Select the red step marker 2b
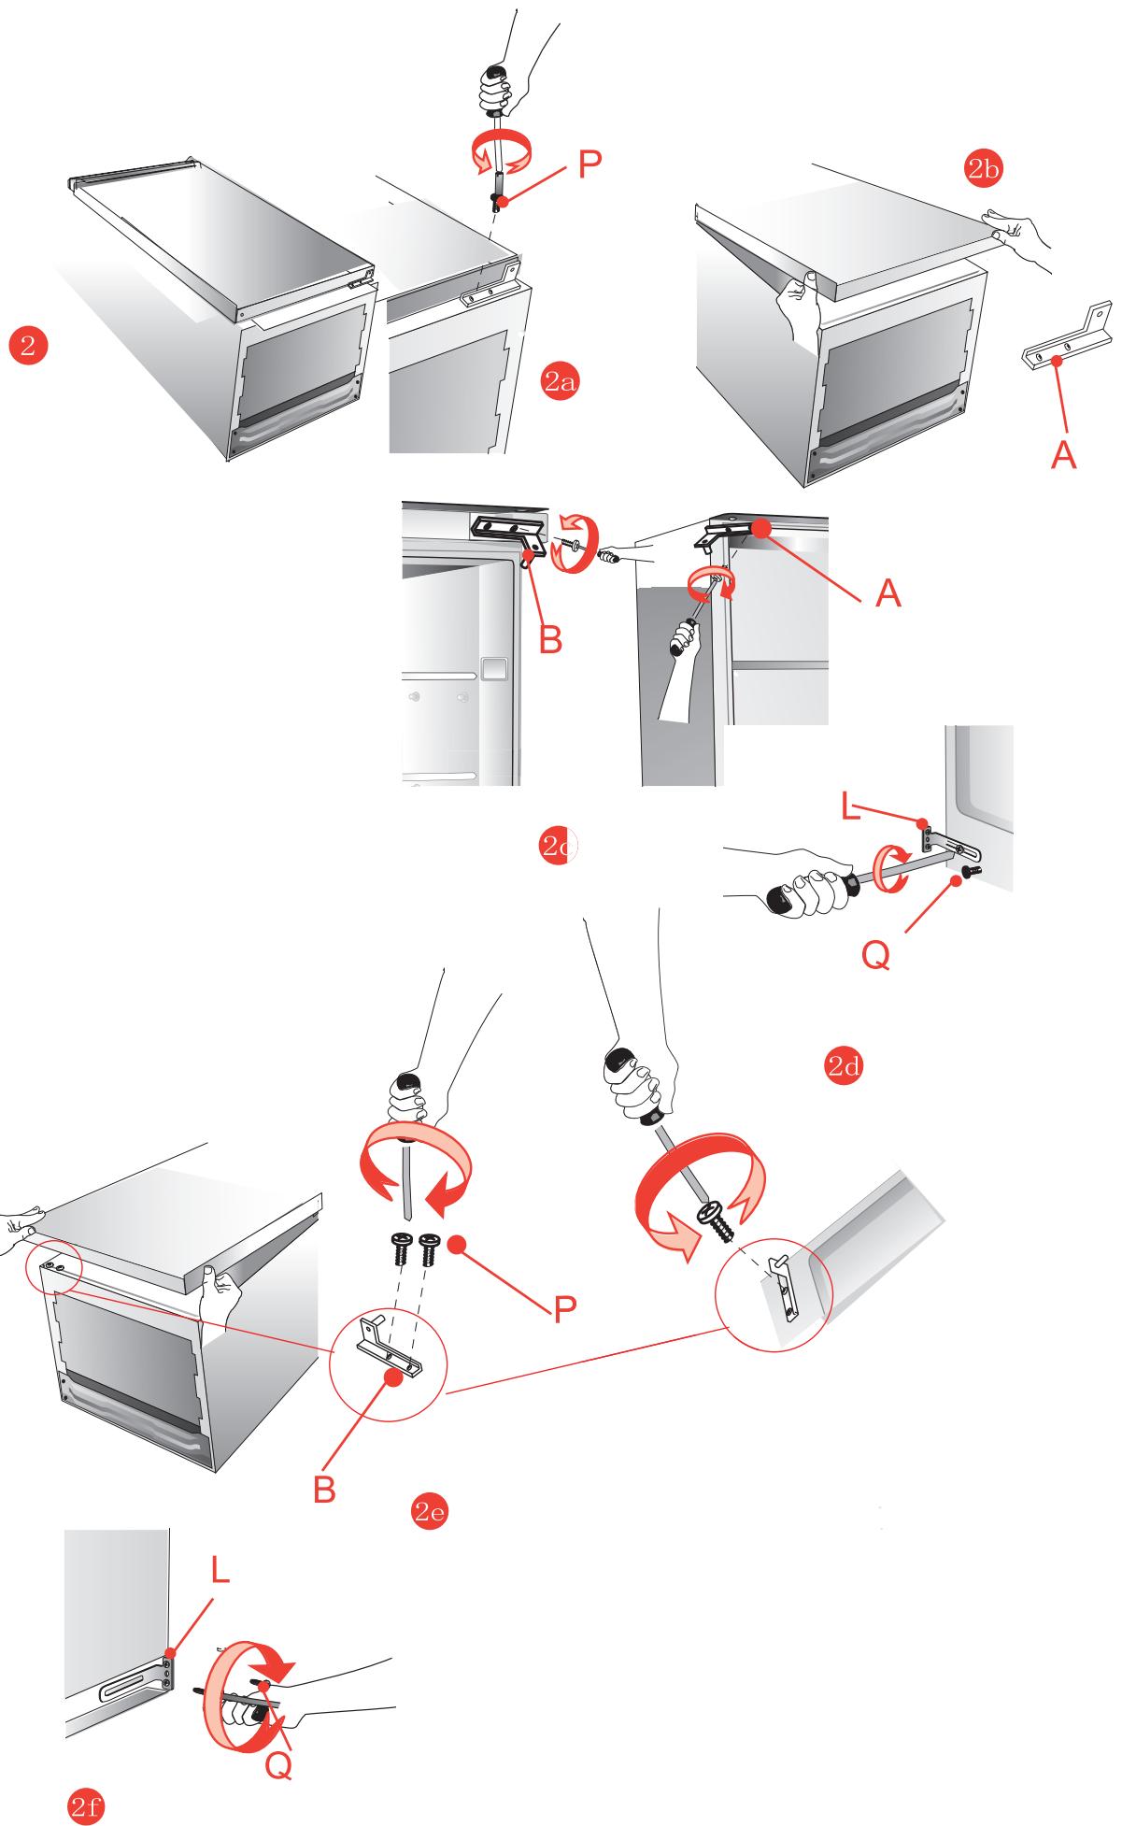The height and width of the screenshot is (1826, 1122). point(984,168)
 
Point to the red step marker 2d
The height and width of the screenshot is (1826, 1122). point(844,1067)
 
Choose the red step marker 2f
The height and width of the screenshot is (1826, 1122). point(87,1807)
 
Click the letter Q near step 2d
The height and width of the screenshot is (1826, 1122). point(875,955)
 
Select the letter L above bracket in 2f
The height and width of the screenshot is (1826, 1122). point(218,1570)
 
